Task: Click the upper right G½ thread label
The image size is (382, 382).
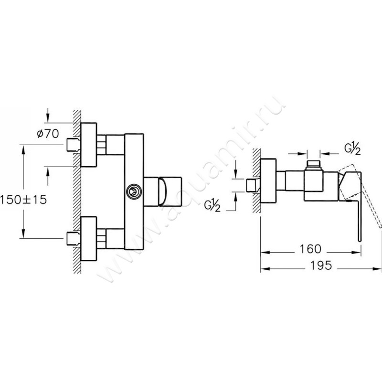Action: [x=352, y=149]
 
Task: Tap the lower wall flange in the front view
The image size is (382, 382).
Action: [x=89, y=237]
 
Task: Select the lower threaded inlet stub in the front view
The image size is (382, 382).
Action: [x=72, y=237]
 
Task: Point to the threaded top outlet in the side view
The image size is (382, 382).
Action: [x=313, y=165]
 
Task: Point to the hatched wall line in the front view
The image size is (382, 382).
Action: [x=76, y=191]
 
